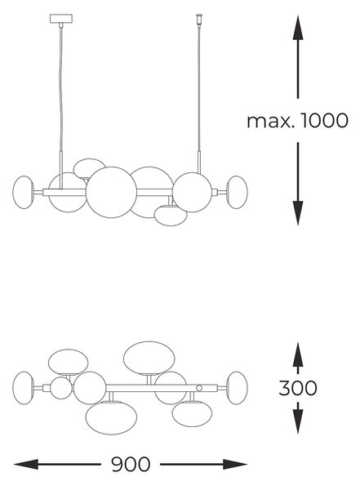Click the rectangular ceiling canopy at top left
click(x=61, y=19)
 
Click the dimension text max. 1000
click(x=297, y=121)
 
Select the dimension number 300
click(x=297, y=388)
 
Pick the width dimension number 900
click(x=131, y=465)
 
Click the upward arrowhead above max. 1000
click(x=298, y=28)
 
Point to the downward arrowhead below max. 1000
click(x=298, y=213)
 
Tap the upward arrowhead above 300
click(x=298, y=354)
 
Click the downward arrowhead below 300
click(x=298, y=421)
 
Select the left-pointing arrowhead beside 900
click(x=26, y=465)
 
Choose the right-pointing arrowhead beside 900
click(x=235, y=465)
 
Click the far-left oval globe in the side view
click(x=23, y=192)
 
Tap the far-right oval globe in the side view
click(x=237, y=192)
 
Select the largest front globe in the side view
click(x=111, y=193)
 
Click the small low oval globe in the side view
click(x=171, y=216)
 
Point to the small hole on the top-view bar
click(x=199, y=388)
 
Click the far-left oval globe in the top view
click(x=23, y=388)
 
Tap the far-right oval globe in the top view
click(x=237, y=388)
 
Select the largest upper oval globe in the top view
click(x=149, y=358)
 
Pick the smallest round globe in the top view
click(x=61, y=388)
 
